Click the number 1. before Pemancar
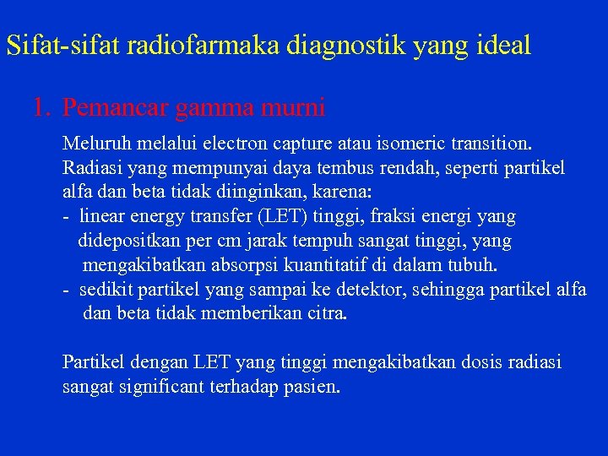[43, 108]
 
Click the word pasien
[312, 388]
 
